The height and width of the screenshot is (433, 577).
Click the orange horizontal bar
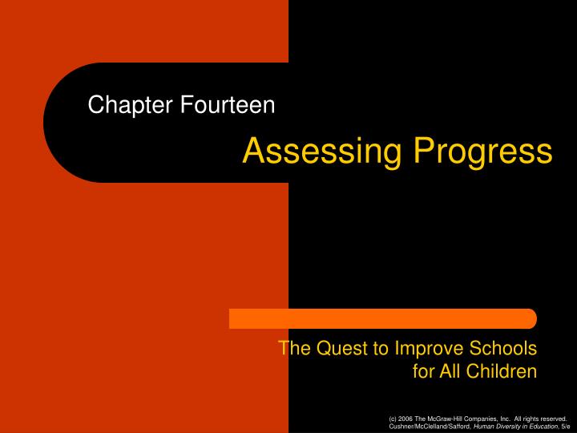click(383, 318)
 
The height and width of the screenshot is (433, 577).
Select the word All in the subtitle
click(454, 370)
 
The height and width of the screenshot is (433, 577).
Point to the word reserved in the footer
click(551, 419)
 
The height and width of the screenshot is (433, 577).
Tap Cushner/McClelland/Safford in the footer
click(422, 427)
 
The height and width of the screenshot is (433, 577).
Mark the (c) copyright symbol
click(390, 419)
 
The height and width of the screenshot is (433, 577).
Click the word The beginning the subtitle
click(292, 349)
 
